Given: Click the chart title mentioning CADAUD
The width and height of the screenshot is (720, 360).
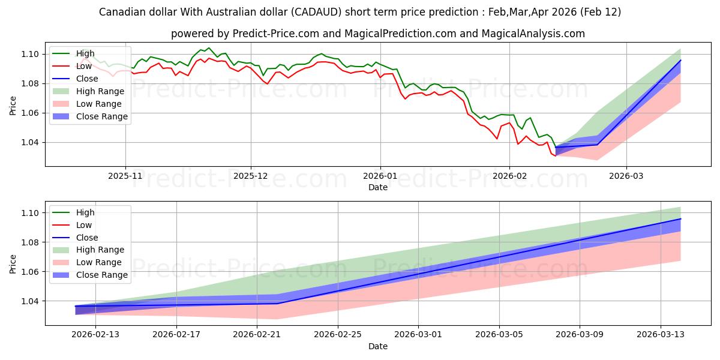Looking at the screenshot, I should [360, 12].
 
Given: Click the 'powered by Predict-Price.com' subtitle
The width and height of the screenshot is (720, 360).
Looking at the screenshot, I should [378, 34].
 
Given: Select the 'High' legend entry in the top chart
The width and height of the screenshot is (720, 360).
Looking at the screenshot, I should [85, 53].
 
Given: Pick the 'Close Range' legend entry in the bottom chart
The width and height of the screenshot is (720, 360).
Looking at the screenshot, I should [101, 275].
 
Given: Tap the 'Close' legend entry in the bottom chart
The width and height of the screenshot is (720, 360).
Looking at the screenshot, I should [86, 238].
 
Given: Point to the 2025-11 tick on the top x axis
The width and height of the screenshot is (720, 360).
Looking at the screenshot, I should [125, 177].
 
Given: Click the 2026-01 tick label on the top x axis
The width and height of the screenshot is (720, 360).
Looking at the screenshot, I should [379, 177].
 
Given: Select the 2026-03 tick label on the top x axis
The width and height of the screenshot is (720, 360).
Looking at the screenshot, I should [626, 177].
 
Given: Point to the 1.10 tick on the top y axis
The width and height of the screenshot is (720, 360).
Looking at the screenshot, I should [30, 54].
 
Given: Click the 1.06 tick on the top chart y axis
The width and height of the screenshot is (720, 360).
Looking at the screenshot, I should [30, 113].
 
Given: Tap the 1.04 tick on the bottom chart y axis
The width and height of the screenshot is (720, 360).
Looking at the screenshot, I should [30, 301].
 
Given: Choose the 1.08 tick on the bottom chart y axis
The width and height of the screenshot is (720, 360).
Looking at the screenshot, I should [30, 242].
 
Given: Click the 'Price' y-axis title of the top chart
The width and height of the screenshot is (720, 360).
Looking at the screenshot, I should [13, 106].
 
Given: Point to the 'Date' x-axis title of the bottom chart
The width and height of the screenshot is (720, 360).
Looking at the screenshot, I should [378, 346].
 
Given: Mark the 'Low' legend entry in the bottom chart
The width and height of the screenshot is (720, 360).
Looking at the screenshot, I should [83, 225].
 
